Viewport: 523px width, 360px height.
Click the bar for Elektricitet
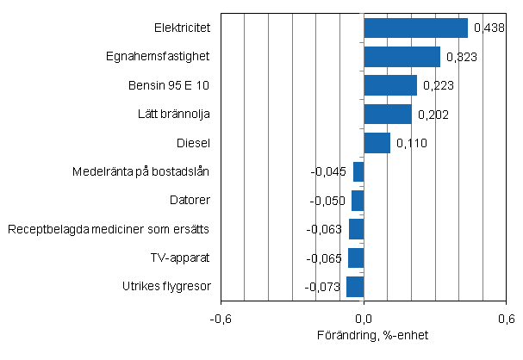[x=415, y=28]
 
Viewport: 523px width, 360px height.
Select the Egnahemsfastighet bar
[x=402, y=57]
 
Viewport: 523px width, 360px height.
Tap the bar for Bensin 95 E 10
[x=389, y=85]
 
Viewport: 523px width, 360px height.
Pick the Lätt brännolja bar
[x=387, y=114]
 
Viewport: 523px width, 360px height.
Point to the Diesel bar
[x=377, y=143]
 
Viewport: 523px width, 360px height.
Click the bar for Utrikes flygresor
[x=355, y=287]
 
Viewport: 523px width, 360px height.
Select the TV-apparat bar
[x=356, y=258]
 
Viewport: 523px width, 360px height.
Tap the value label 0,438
[x=489, y=28]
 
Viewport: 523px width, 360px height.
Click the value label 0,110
[x=410, y=143]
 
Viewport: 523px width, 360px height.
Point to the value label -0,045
[x=328, y=171]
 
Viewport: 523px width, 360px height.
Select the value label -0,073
[x=323, y=287]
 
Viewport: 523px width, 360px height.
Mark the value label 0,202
[x=433, y=114]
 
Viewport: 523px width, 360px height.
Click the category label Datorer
[x=190, y=200]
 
